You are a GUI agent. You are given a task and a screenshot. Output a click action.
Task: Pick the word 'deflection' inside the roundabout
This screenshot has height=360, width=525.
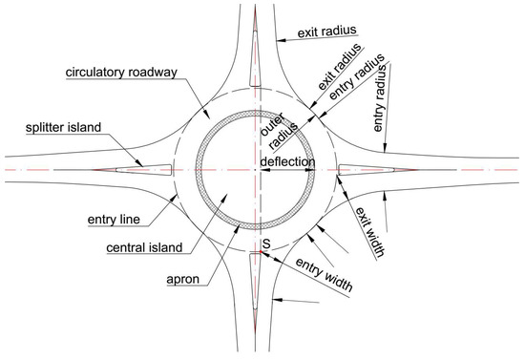[287, 162]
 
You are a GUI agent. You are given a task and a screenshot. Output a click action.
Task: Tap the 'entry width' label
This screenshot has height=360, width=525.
[322, 274]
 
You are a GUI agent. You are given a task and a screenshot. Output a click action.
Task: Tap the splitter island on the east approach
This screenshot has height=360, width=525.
[372, 170]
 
